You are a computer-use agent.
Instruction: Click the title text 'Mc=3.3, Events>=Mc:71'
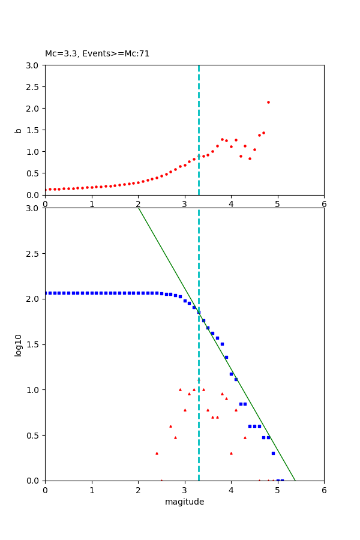[97, 54]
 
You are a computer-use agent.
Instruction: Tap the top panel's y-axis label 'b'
[19, 130]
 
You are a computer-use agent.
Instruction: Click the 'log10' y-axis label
[19, 345]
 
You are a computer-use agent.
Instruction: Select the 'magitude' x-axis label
[184, 502]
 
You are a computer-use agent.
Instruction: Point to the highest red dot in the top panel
[268, 102]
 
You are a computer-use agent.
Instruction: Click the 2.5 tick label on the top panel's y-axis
[34, 87]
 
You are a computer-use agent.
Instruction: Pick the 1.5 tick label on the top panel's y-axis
[34, 130]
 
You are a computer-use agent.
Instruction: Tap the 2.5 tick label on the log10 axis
[34, 254]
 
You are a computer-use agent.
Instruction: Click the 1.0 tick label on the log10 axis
[34, 390]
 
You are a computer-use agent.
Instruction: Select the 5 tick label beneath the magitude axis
[278, 490]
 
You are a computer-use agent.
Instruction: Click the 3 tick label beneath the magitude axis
[185, 490]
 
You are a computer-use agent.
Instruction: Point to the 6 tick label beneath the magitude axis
[324, 490]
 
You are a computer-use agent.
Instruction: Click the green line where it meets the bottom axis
[295, 480]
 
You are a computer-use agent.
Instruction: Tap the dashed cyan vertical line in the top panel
[199, 120]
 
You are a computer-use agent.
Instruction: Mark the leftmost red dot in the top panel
[46, 190]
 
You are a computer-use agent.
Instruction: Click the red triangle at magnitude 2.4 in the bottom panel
[157, 453]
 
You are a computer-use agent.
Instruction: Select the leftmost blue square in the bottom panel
[46, 293]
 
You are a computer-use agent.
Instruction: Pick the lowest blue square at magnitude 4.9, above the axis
[273, 453]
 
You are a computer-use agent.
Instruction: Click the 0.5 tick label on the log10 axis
[34, 436]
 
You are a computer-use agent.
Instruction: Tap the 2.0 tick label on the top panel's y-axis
[34, 109]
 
